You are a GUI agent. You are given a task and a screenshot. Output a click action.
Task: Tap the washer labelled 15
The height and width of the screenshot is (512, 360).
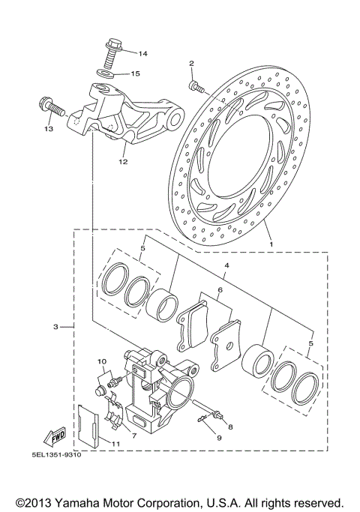coord(106,73)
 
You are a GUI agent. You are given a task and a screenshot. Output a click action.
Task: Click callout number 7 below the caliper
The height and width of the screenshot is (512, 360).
coord(133,435)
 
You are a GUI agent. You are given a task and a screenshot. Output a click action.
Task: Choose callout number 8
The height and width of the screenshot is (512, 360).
coord(230,427)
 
